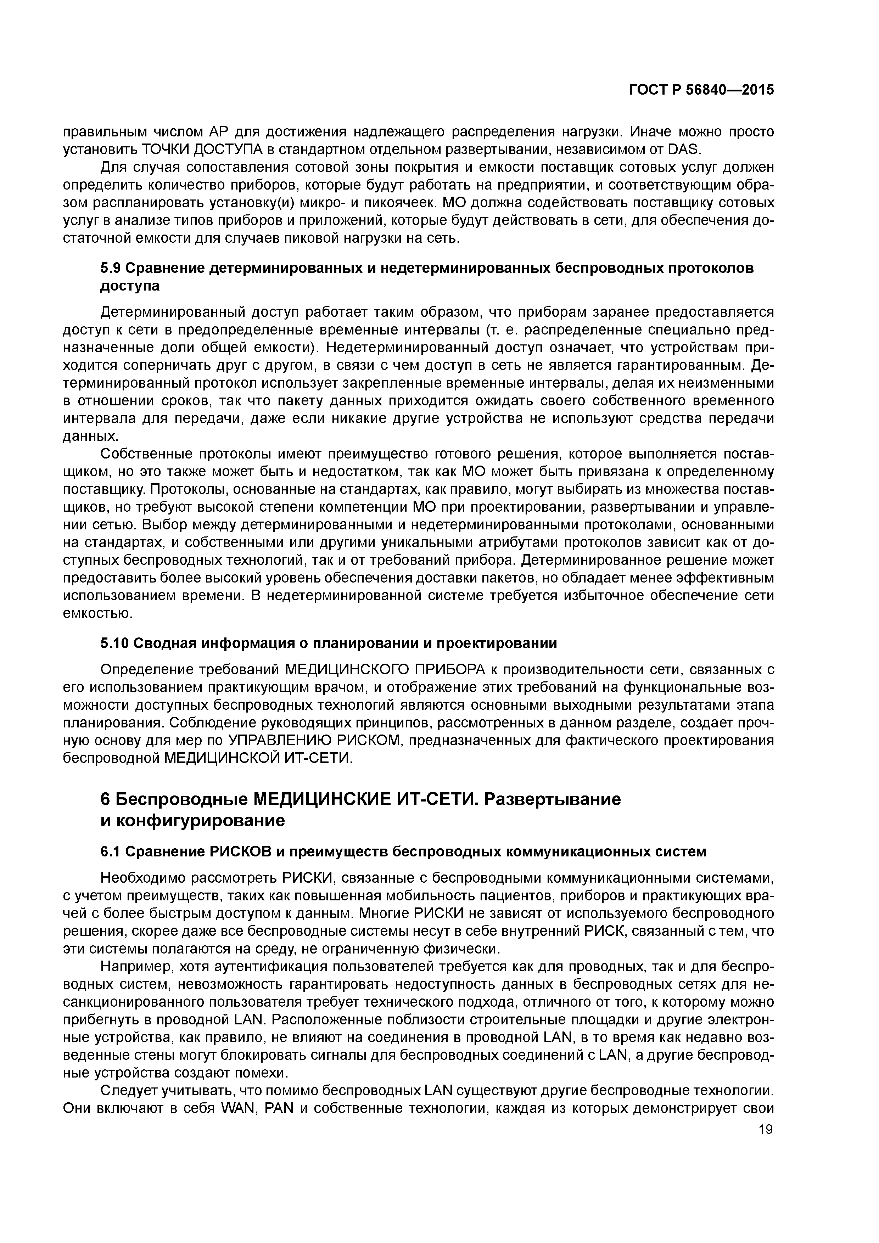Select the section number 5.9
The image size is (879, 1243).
112,269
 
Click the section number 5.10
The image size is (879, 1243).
115,643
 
